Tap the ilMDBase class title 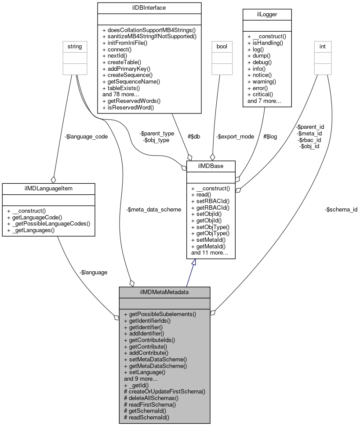[x=211, y=166]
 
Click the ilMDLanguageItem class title [x=48, y=188]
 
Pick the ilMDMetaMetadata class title [x=164, y=292]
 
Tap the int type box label [x=322, y=46]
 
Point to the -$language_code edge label [x=86, y=137]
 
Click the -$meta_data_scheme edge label [x=153, y=210]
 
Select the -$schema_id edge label [x=341, y=210]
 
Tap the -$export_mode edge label [x=235, y=137]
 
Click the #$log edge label [x=270, y=137]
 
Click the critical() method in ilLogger [x=261, y=95]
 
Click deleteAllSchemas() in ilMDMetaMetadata [x=151, y=397]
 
